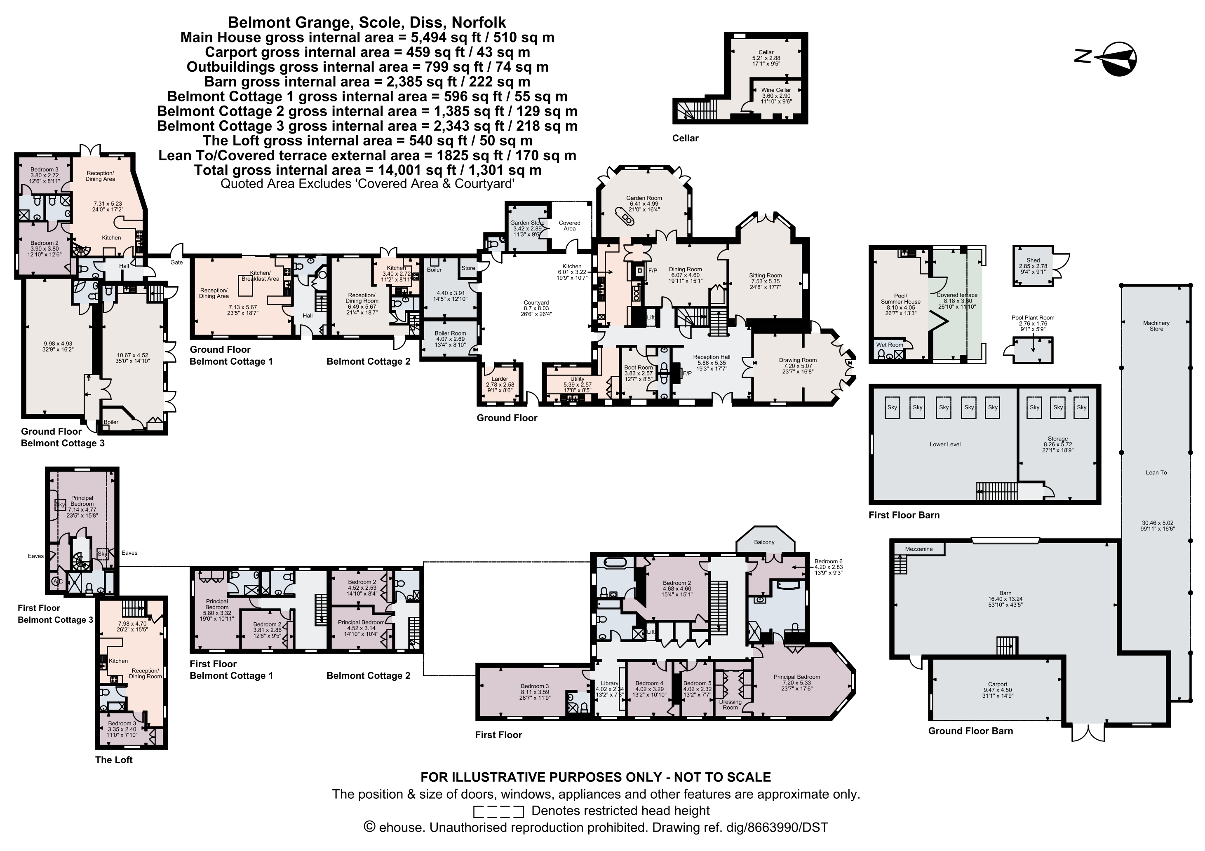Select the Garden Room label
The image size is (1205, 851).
(644, 198)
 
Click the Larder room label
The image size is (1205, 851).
(500, 379)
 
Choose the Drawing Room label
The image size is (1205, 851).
(798, 360)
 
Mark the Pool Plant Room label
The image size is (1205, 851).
(1033, 317)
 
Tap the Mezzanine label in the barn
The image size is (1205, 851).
(918, 549)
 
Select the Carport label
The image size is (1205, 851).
(997, 684)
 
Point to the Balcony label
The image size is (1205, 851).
(764, 542)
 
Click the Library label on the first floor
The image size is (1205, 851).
(609, 683)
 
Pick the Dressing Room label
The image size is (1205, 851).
(730, 705)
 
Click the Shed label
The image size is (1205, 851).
(1033, 260)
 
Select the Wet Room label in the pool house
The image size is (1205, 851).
(890, 345)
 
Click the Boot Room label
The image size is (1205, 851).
(638, 367)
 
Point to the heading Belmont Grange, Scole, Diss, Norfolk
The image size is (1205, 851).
(367, 23)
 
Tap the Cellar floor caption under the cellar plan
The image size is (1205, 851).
(686, 138)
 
